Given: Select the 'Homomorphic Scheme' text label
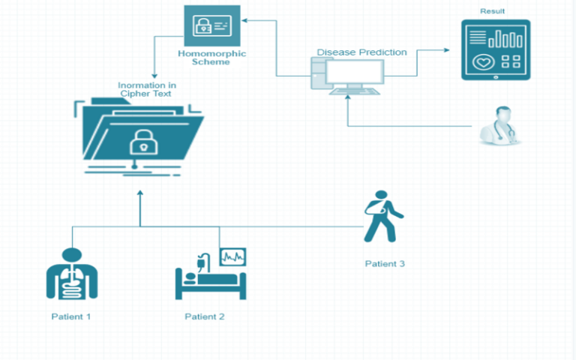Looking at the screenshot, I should [x=212, y=58].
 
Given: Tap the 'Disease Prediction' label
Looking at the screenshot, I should [x=361, y=52].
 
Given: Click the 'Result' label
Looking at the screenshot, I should [x=492, y=12].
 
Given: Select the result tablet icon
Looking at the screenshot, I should [x=496, y=49].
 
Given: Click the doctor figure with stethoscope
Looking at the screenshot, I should [x=500, y=125].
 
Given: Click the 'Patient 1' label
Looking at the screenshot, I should [x=71, y=316].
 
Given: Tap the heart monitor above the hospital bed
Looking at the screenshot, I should [x=232, y=256].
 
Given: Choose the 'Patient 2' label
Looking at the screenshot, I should [x=205, y=316].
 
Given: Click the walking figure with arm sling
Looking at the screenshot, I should [x=382, y=217].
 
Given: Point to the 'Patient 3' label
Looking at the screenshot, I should [x=385, y=264].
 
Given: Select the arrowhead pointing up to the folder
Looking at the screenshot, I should [x=140, y=194].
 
